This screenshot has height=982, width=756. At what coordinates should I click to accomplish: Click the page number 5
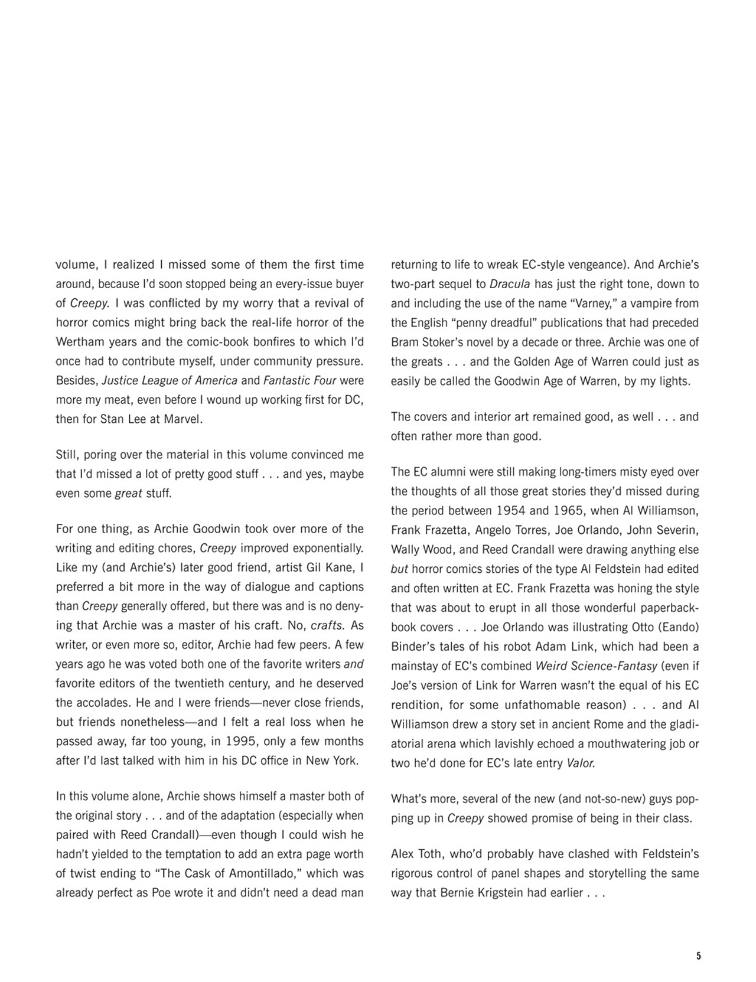click(699, 956)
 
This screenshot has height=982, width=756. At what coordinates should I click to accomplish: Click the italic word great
click(128, 494)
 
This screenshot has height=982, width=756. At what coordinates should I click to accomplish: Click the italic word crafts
click(327, 626)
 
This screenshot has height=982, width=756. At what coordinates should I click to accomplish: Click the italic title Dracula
click(510, 284)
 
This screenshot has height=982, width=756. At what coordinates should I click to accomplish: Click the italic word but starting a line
click(399, 569)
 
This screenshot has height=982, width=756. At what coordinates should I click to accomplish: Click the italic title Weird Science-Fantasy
click(596, 667)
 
